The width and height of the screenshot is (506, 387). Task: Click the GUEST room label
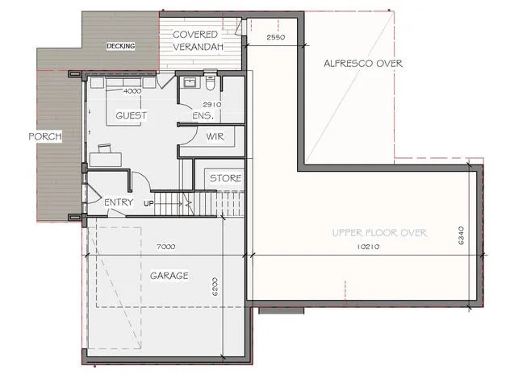(131, 115)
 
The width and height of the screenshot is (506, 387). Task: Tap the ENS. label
(202, 115)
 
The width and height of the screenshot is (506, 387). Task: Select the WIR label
(215, 136)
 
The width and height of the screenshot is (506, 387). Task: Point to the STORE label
(225, 177)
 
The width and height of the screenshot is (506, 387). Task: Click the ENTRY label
(119, 202)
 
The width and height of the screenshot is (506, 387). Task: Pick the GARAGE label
(169, 275)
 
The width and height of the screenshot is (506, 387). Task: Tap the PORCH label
(46, 135)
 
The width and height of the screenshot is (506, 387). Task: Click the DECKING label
(121, 47)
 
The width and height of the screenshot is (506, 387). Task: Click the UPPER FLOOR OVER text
(378, 233)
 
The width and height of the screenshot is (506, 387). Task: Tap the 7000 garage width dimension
(167, 246)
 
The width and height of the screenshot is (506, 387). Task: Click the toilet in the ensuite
(210, 83)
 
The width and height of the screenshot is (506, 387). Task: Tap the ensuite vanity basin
(190, 83)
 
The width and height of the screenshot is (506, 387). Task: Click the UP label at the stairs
(148, 202)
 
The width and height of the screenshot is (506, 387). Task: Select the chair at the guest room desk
(105, 148)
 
